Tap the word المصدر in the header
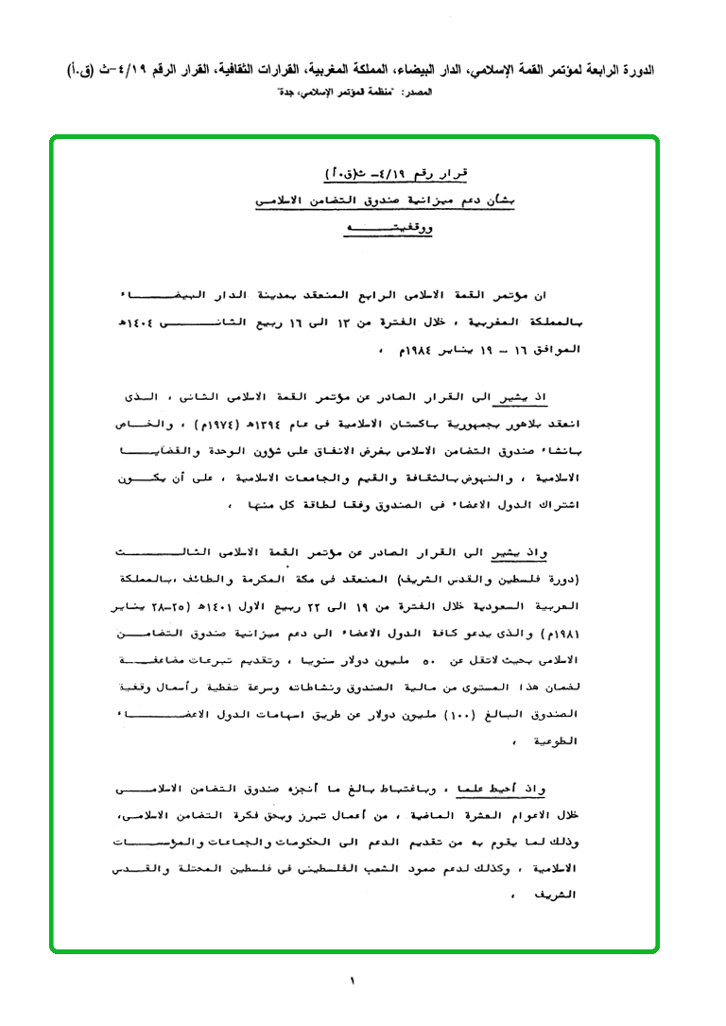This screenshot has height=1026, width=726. coord(417,93)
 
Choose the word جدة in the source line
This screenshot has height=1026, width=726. coord(285,93)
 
